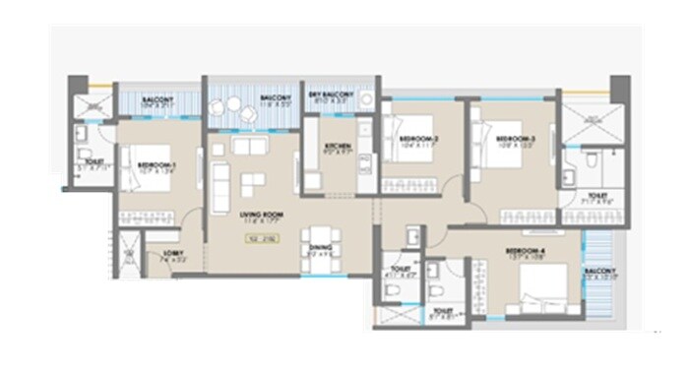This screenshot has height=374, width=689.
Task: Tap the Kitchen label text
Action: click(338, 147)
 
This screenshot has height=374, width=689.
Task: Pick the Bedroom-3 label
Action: click(514, 139)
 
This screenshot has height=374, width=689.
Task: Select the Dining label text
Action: click(319, 249)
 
